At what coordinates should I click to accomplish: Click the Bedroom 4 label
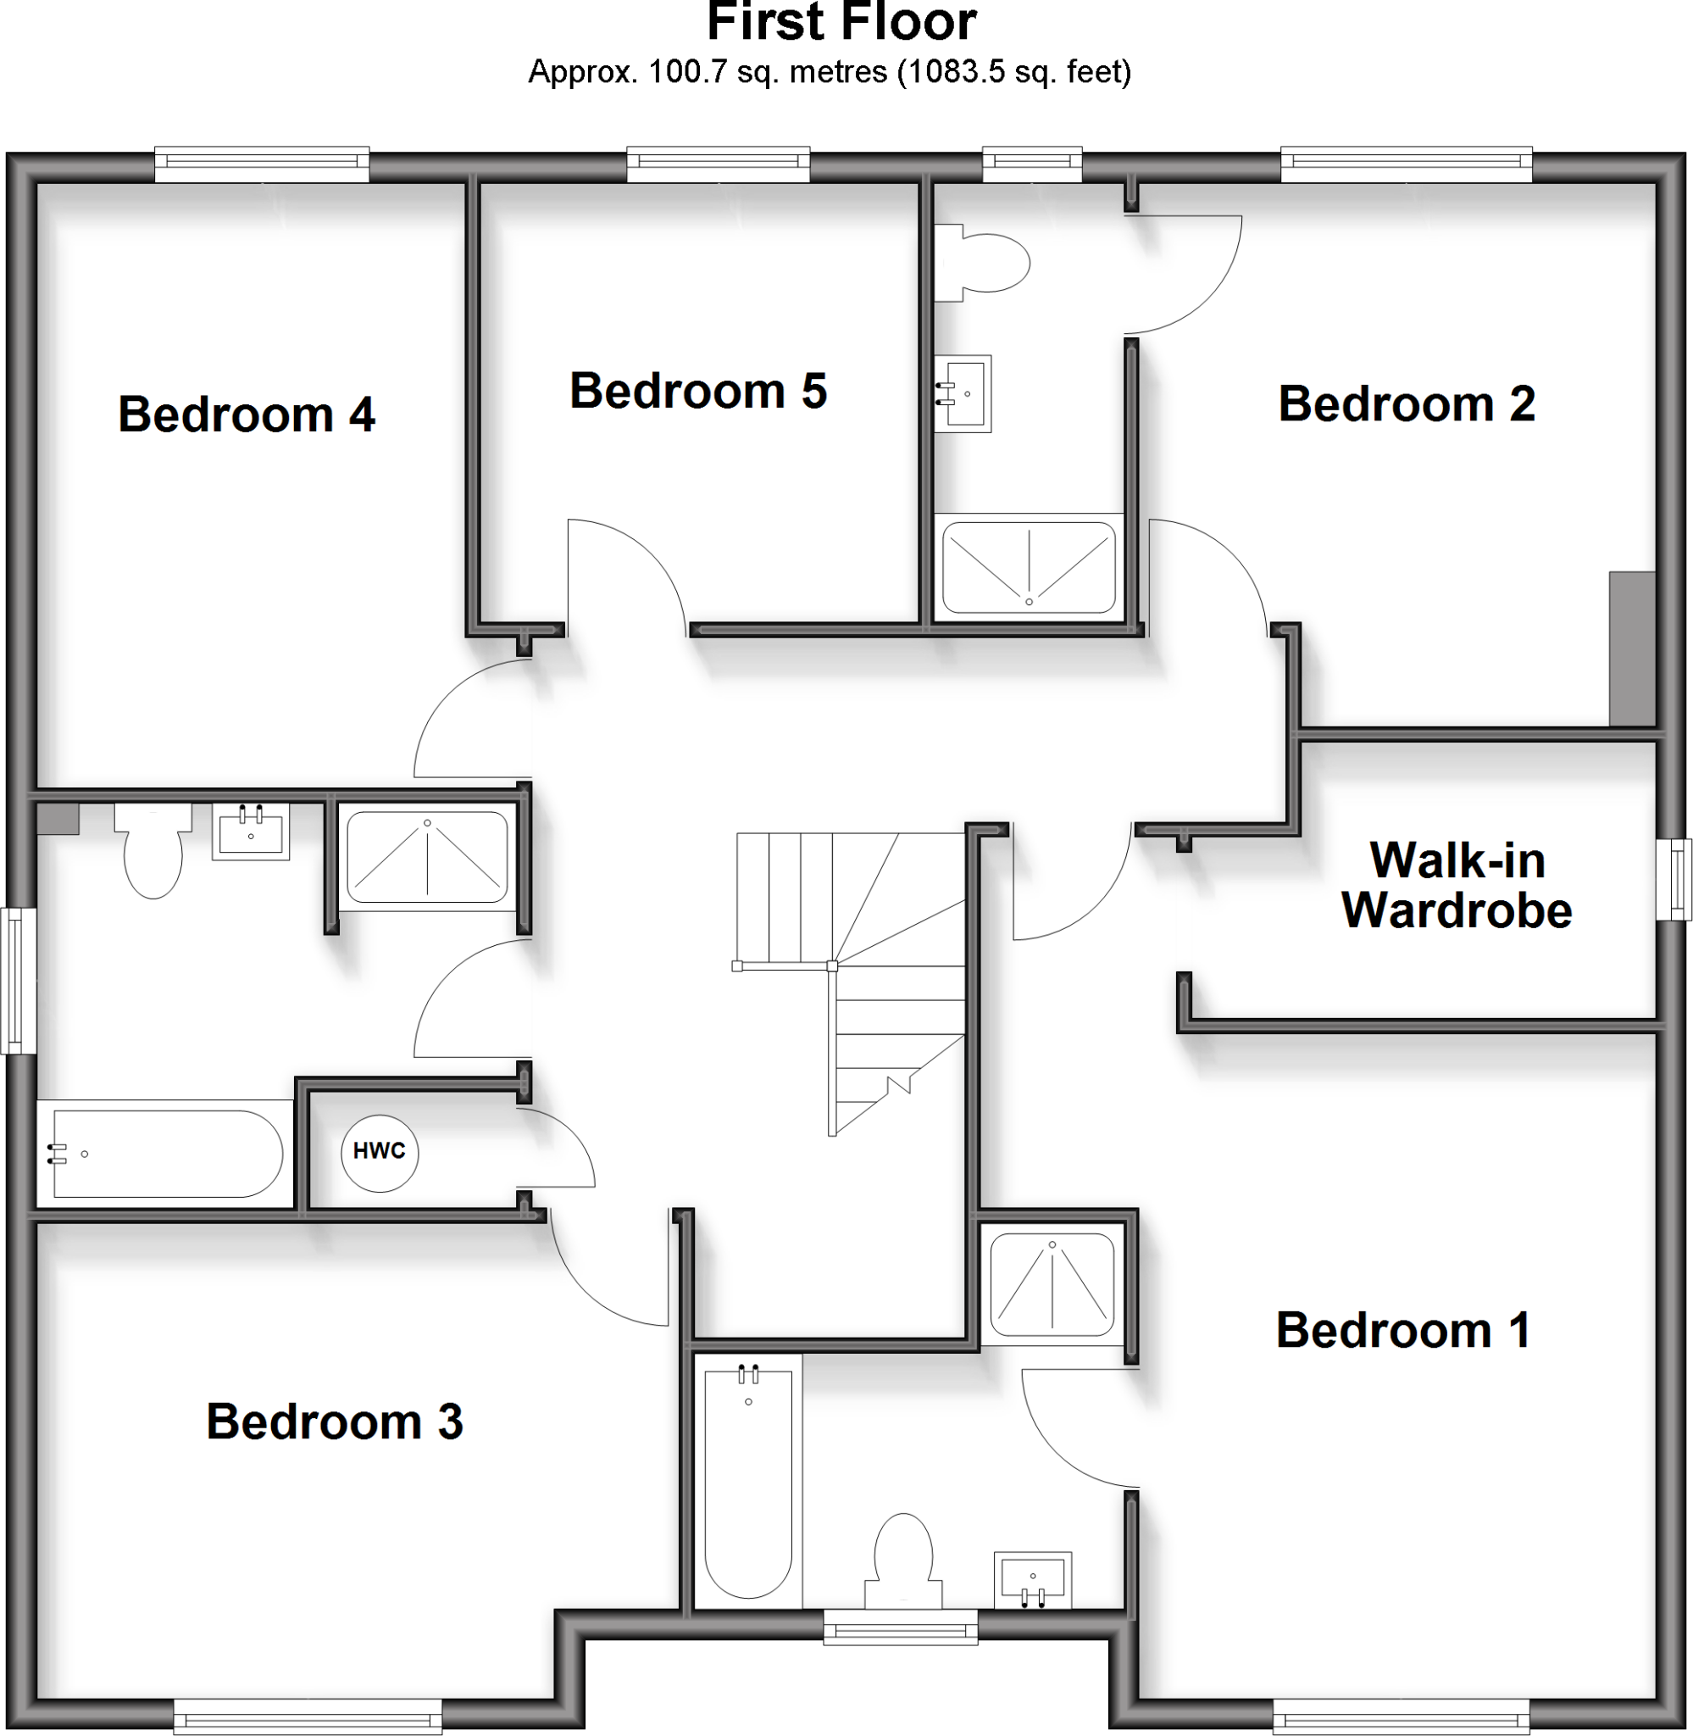(x=247, y=415)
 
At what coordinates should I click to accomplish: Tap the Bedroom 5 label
(x=698, y=392)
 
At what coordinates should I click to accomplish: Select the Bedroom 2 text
(x=1406, y=403)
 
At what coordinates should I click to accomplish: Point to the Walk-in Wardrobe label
(x=1457, y=886)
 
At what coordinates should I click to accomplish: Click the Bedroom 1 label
(x=1403, y=1331)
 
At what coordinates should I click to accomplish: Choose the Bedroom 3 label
(x=335, y=1422)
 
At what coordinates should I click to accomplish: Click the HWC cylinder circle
(x=380, y=1153)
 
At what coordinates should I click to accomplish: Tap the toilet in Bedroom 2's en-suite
(x=983, y=264)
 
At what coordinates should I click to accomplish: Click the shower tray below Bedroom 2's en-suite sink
(x=1029, y=567)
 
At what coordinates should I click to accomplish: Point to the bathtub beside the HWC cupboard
(x=165, y=1154)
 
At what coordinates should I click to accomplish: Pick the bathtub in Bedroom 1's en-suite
(x=748, y=1484)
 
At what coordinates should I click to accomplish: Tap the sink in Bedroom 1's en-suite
(x=1032, y=1580)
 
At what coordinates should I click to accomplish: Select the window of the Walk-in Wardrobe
(x=1674, y=880)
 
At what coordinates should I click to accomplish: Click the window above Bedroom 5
(x=719, y=164)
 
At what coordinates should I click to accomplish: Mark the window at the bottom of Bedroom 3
(x=308, y=1716)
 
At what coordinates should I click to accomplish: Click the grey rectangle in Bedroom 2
(x=1632, y=648)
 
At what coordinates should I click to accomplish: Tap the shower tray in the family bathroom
(x=427, y=857)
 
